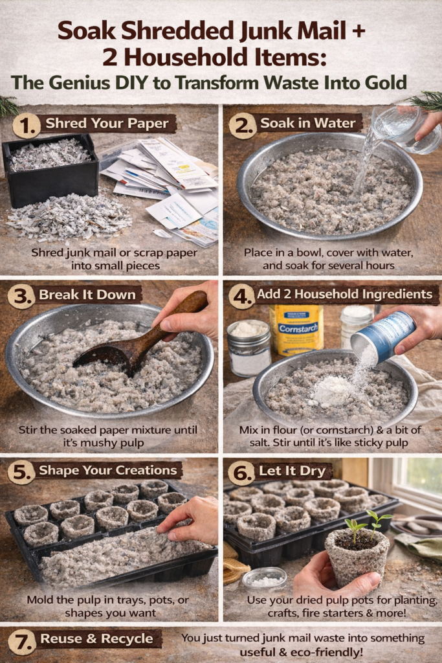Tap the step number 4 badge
coord(242,296)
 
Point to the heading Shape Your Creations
coord(108,470)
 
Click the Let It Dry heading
coord(292,471)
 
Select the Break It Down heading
coord(87,295)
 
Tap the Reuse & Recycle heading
coord(97,639)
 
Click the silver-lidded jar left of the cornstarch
coord(249,348)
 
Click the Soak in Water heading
coord(307,123)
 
